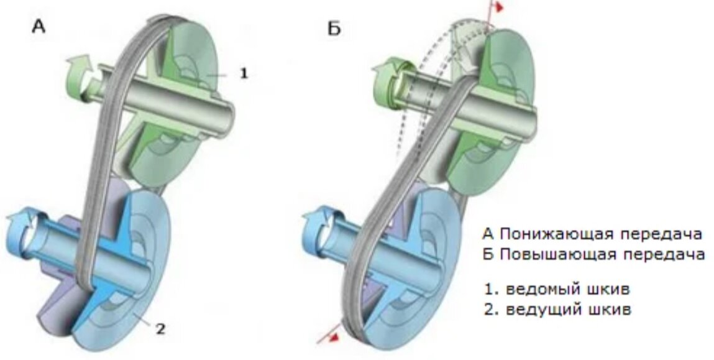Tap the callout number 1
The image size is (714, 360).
(244, 73)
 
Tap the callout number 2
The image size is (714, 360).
(160, 330)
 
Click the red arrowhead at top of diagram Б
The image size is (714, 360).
(497, 6)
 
